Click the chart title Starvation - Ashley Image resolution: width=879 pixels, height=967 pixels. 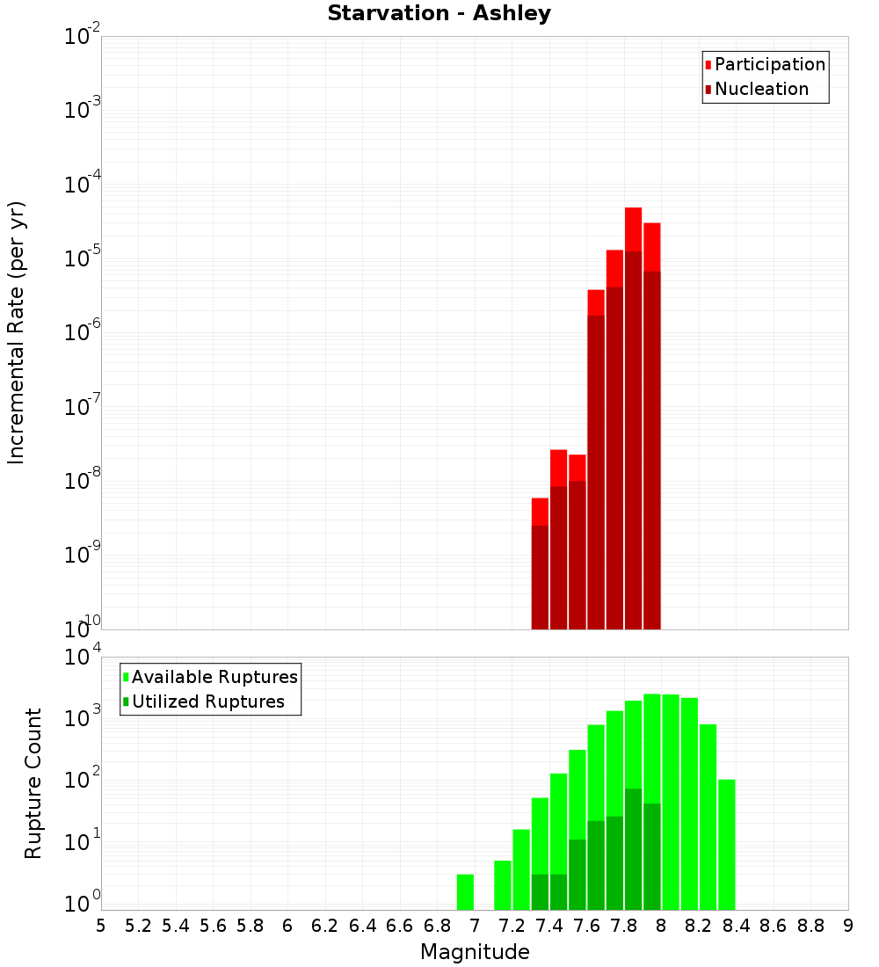click(x=439, y=14)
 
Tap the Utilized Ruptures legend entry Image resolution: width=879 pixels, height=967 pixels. click(x=207, y=702)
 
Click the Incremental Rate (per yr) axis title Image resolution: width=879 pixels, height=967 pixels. click(x=17, y=333)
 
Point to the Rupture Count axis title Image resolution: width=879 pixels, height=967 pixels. click(x=33, y=783)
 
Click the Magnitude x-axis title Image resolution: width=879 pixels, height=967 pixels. click(x=475, y=952)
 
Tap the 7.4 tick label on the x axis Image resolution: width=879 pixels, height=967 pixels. click(x=549, y=926)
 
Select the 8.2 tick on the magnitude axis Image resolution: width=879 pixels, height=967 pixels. click(x=699, y=926)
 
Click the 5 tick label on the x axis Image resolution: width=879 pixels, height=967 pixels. click(x=101, y=926)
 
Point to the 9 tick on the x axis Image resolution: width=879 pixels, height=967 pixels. click(x=848, y=926)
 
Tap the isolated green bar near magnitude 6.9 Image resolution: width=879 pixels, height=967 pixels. click(x=466, y=892)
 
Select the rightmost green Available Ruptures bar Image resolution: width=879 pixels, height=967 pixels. click(x=726, y=844)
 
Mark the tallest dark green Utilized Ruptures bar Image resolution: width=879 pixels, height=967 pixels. click(x=633, y=848)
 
